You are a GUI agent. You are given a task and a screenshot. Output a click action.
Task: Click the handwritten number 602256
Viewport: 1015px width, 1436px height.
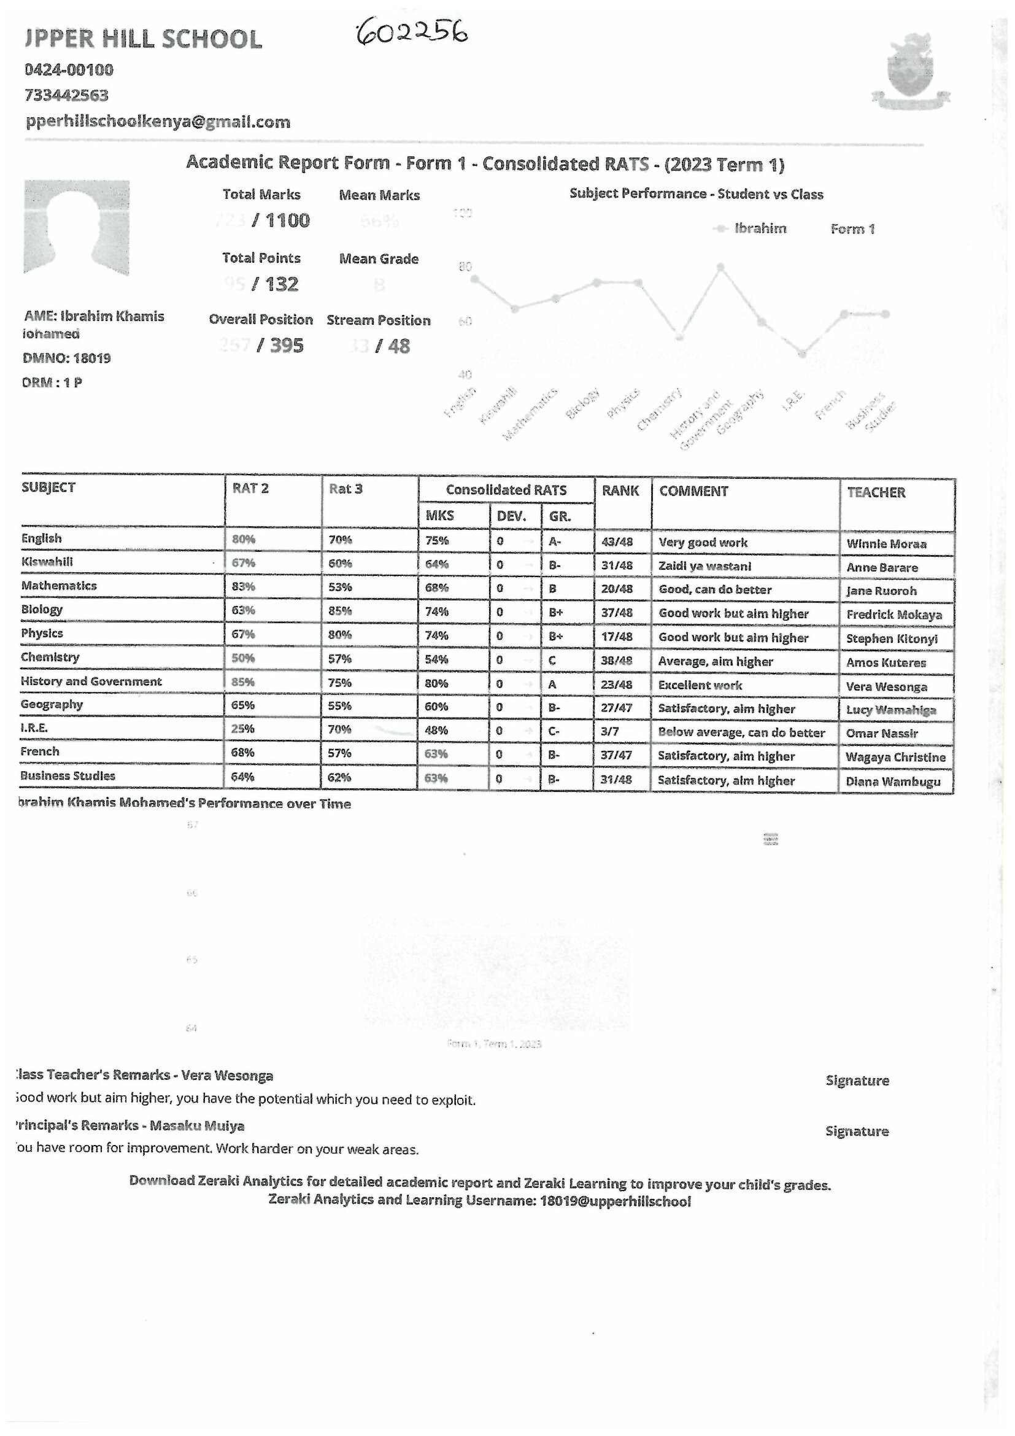[x=412, y=32]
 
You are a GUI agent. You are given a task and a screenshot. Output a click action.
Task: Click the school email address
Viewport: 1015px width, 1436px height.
[x=158, y=122]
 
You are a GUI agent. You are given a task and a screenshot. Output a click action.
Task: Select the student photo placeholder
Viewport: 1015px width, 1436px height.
[x=76, y=228]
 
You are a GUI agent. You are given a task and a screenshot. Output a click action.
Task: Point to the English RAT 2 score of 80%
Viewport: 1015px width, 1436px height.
[x=243, y=539]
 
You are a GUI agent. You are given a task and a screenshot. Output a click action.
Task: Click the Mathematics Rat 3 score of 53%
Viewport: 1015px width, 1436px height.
[x=340, y=588]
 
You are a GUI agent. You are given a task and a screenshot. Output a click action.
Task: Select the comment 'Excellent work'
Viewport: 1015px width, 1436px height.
[x=700, y=685]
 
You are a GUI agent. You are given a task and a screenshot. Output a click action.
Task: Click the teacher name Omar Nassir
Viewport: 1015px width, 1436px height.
[x=881, y=733]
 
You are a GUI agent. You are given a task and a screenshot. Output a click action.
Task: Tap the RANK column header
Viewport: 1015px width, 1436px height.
[x=620, y=491]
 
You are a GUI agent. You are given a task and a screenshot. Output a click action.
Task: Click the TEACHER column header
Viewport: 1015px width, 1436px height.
[x=876, y=492]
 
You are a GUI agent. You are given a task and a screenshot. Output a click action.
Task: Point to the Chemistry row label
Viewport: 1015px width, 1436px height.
[x=50, y=657]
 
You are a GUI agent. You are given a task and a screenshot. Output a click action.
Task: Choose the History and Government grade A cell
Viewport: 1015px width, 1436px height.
[x=552, y=684]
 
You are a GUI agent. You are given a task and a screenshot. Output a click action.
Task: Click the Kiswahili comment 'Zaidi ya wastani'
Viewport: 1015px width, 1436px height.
[x=704, y=566]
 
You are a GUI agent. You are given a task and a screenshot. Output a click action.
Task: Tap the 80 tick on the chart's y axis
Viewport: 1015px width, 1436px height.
[x=465, y=267]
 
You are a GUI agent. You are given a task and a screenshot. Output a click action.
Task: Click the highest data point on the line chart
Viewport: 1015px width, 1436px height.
[x=720, y=267]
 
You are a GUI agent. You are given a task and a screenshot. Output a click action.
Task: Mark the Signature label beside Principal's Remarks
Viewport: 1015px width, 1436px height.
[x=856, y=1131]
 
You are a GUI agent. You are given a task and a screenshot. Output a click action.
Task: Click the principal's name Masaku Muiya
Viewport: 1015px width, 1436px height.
[x=197, y=1126]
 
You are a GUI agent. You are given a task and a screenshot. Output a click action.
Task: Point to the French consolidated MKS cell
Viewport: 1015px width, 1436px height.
[x=436, y=754]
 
